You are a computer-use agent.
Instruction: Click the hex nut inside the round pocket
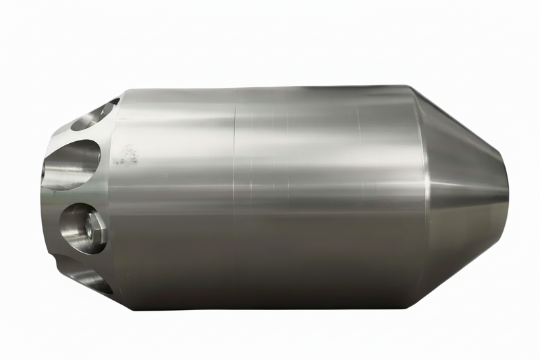coord(94,230)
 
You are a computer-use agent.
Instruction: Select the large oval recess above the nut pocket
coord(73,162)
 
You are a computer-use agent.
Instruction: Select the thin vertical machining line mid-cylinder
coord(234,196)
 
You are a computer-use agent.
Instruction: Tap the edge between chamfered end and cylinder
coord(113,196)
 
